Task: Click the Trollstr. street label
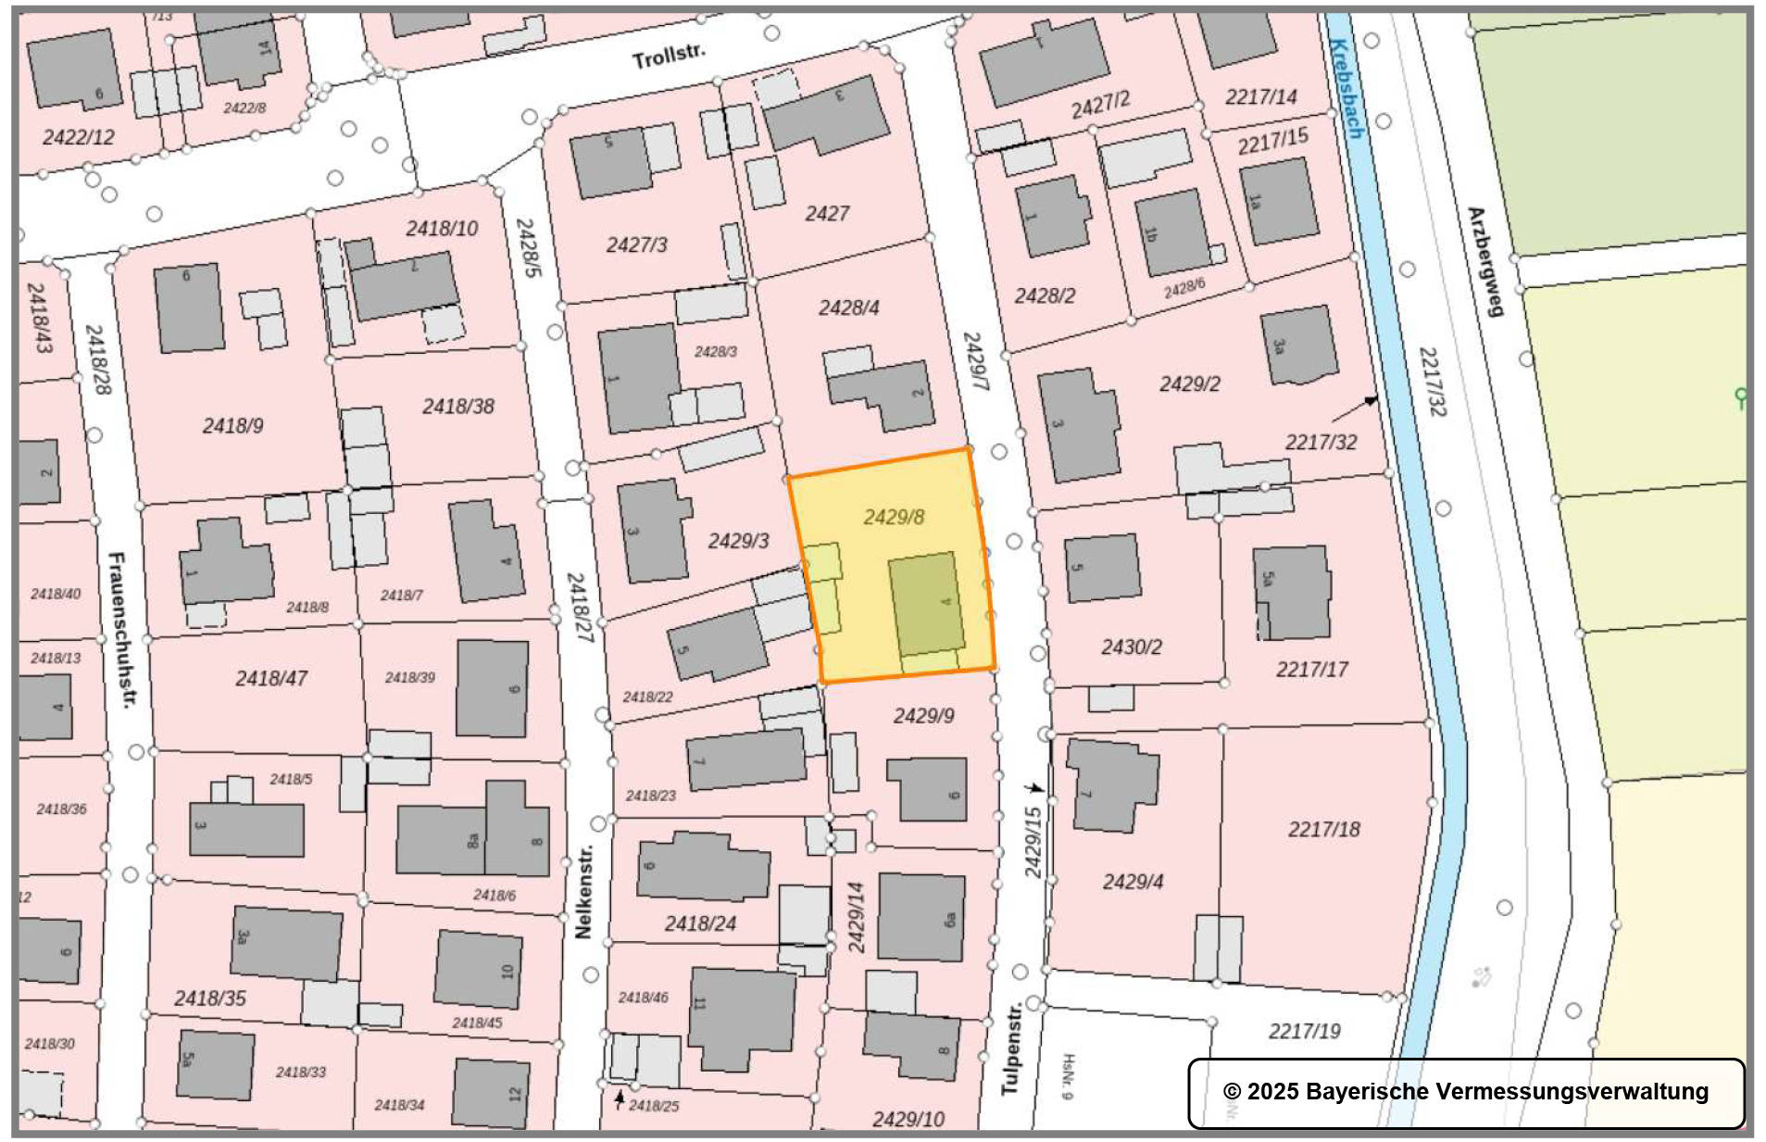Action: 668,56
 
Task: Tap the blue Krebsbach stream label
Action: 1344,89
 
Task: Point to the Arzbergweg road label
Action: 1484,261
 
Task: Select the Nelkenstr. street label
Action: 583,891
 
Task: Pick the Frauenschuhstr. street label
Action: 121,630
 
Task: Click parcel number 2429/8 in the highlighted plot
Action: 894,517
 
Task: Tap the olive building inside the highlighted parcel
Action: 925,603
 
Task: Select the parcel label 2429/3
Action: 738,541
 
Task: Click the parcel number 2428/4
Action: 848,307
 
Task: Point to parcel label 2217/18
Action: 1323,829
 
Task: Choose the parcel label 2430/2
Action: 1131,646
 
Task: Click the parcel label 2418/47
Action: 270,678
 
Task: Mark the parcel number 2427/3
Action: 636,245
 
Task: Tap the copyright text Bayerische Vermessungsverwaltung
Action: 1466,1091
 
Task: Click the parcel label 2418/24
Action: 700,923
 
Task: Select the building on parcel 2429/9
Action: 928,789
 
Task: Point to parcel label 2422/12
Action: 79,137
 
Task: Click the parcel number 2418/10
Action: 442,228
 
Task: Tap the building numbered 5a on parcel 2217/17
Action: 1293,591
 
